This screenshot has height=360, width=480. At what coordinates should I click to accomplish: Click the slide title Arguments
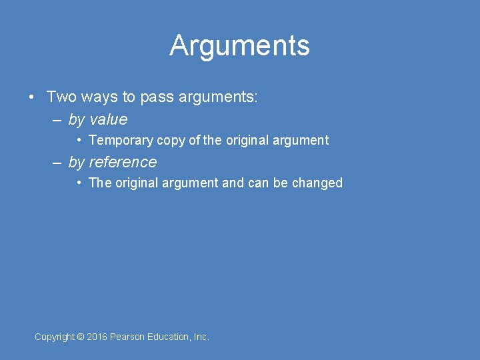point(239,45)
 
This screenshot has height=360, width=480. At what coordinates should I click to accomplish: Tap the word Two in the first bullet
point(61,97)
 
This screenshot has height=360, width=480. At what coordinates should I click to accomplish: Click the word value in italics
point(108,120)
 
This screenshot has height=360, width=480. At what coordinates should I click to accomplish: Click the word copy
point(171,141)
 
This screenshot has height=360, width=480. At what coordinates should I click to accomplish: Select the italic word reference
point(123,162)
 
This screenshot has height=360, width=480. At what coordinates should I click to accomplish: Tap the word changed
point(317,183)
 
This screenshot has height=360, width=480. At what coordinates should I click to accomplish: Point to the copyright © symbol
point(81,337)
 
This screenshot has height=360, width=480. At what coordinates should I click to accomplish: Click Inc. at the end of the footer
point(201,337)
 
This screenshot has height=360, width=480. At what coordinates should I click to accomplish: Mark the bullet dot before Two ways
point(32,98)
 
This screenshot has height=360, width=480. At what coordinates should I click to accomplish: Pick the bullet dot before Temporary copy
point(79,140)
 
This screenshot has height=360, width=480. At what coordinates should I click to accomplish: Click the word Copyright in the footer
point(55,337)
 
